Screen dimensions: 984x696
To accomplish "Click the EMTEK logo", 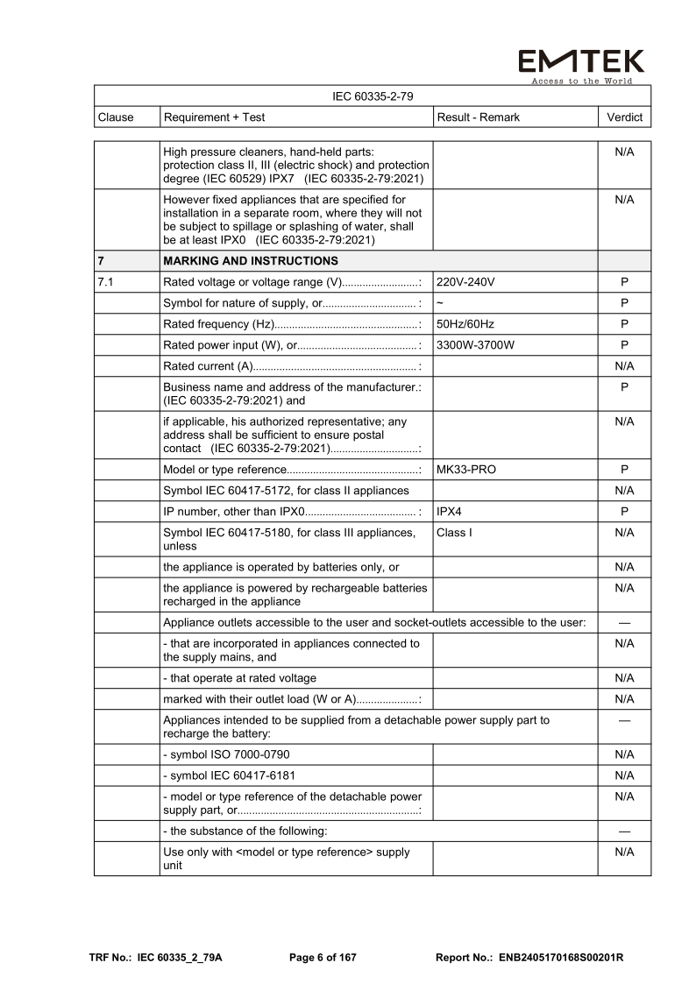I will click(x=580, y=63).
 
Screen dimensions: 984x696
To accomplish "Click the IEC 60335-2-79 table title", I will click(x=373, y=96).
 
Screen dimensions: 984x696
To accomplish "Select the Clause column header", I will click(x=117, y=117).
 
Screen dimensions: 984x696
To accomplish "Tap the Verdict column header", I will click(x=624, y=117).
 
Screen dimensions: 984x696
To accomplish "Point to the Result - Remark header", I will click(x=478, y=117).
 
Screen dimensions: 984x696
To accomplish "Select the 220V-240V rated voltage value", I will click(x=465, y=283).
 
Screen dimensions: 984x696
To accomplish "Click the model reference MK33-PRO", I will click(x=465, y=470).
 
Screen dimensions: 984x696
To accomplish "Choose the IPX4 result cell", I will click(x=451, y=511).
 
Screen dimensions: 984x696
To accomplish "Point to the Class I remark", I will click(x=454, y=532).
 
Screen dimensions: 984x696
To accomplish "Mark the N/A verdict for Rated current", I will click(x=624, y=366).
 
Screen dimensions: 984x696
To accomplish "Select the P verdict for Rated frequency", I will click(x=624, y=324).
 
